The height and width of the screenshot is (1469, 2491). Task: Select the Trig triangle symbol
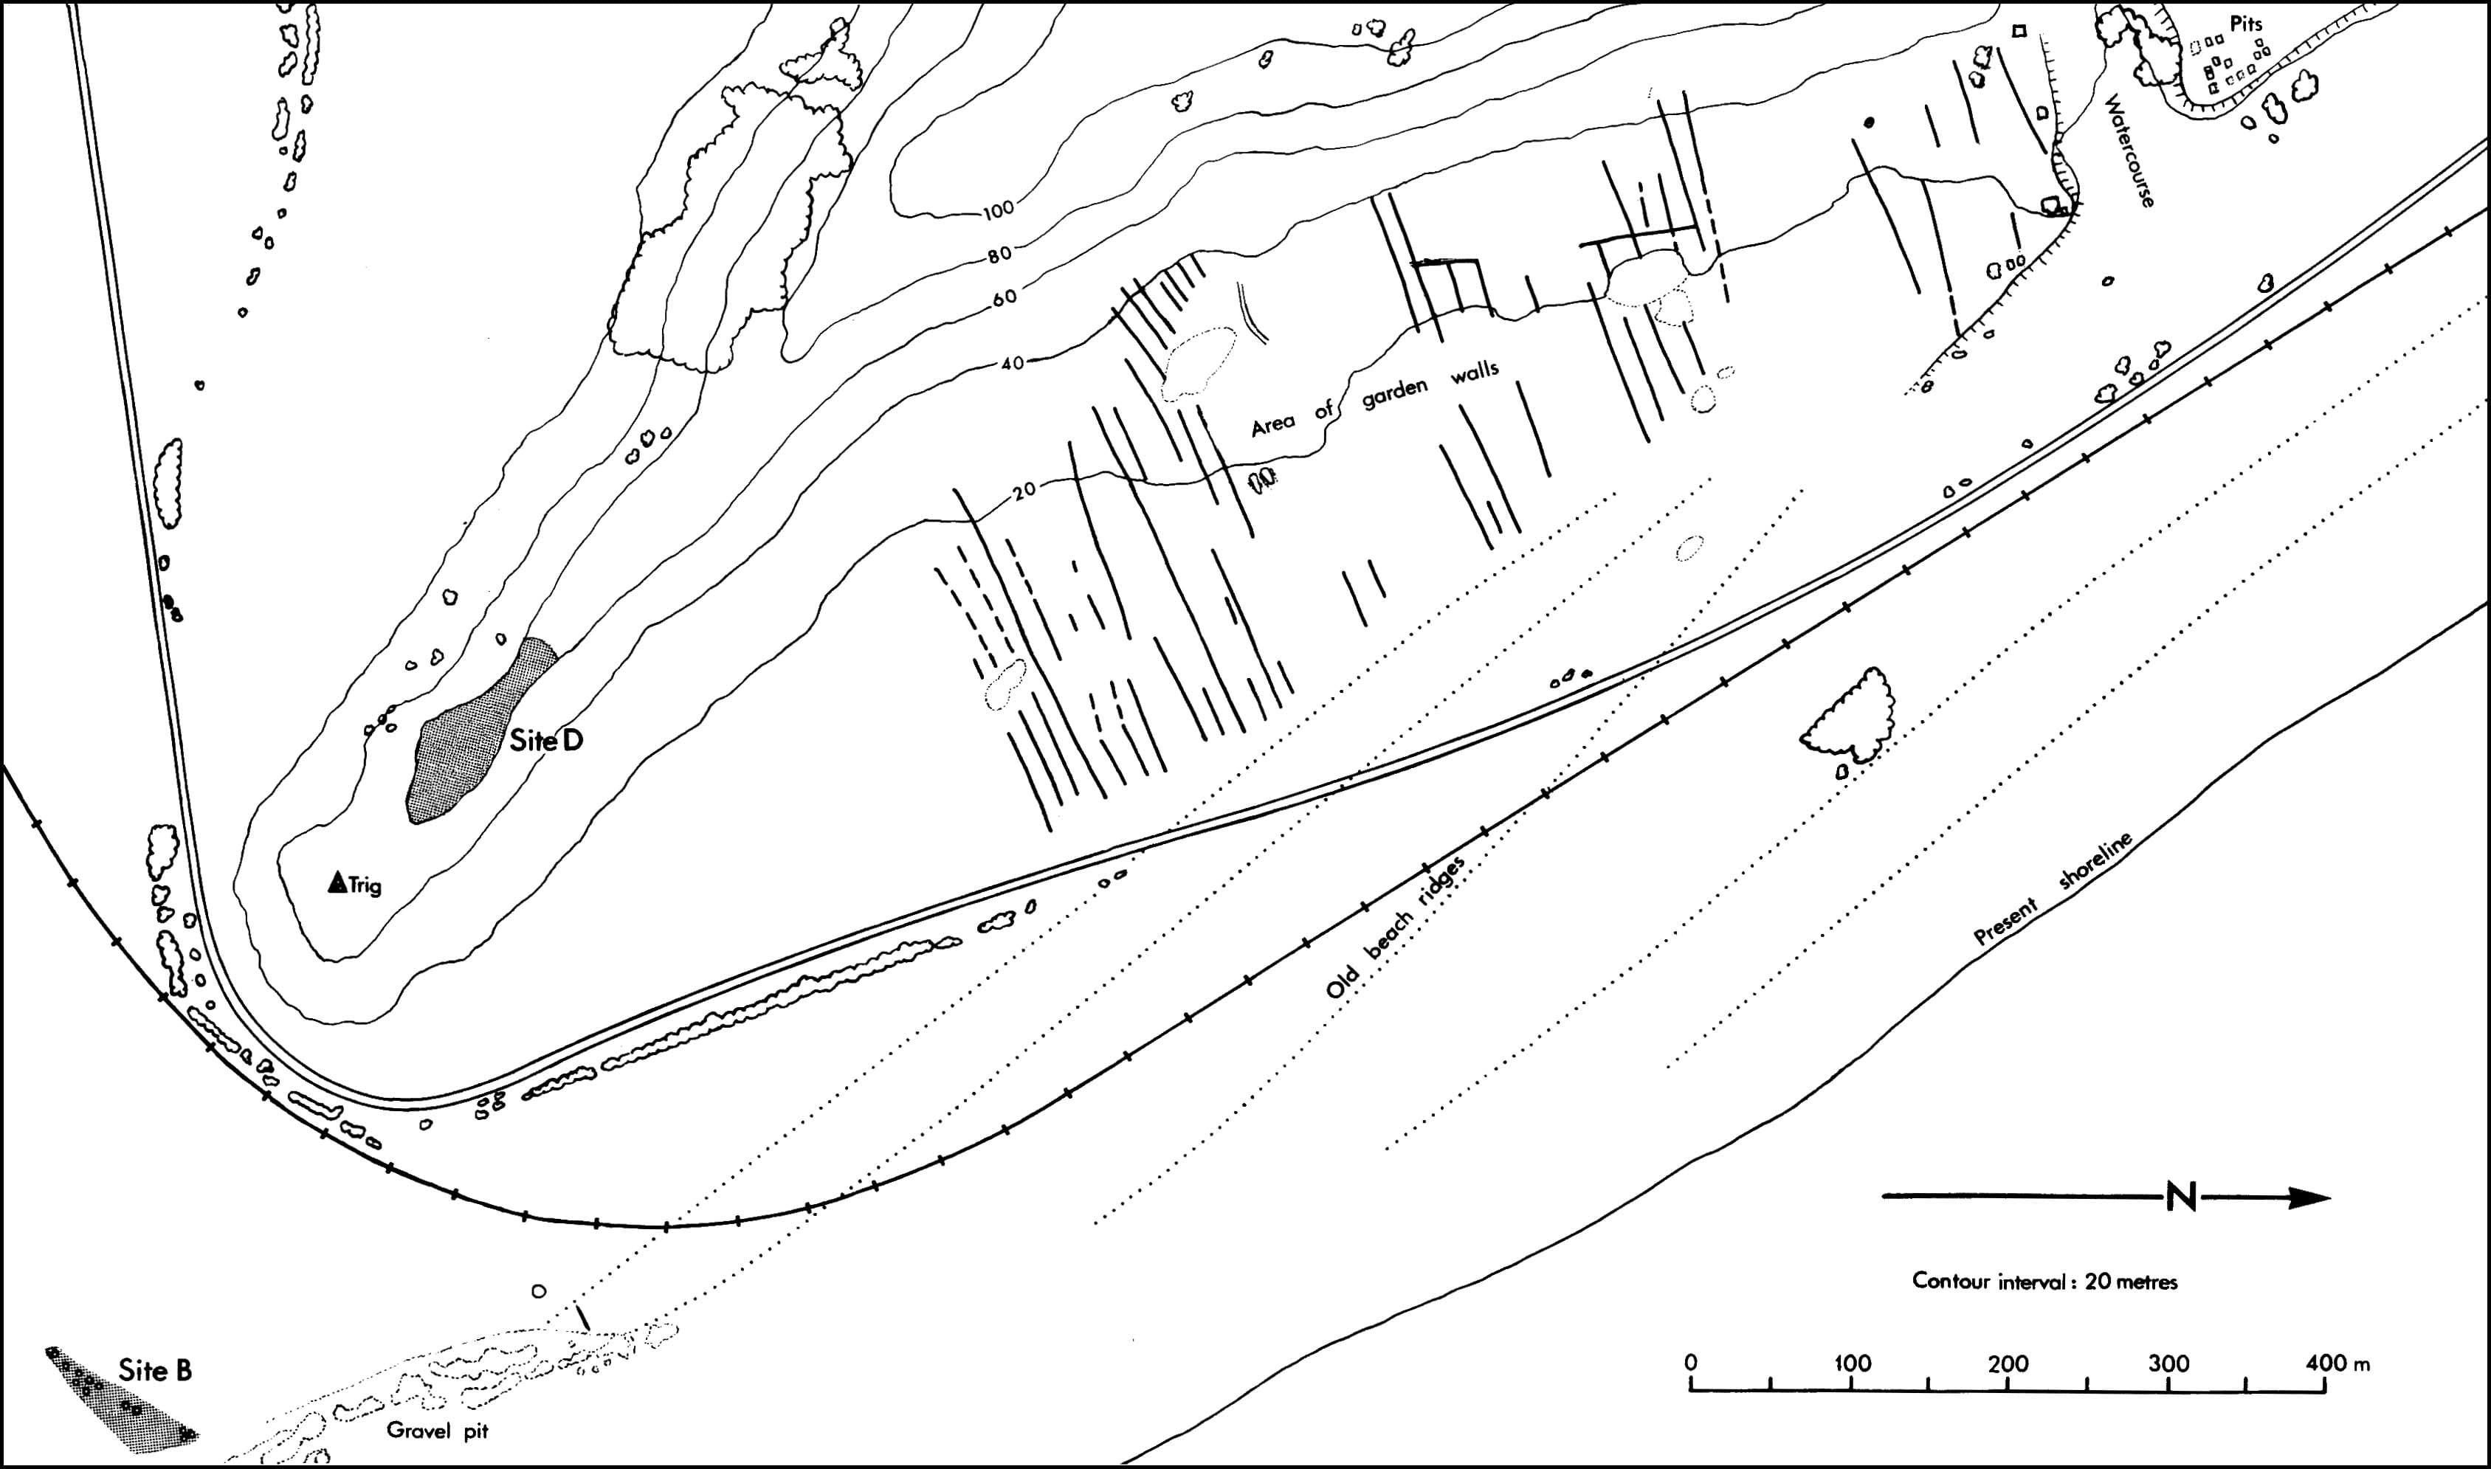(x=337, y=883)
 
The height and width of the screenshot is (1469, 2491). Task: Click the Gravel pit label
(x=438, y=1431)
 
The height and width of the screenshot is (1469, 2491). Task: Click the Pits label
(x=2244, y=24)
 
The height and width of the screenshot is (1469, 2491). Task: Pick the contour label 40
(x=1012, y=363)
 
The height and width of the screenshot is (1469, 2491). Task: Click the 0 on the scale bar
(x=1691, y=1362)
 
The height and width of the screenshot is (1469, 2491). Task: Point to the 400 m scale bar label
(x=2337, y=1363)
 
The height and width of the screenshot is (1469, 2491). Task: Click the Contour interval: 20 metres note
(x=2044, y=1282)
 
